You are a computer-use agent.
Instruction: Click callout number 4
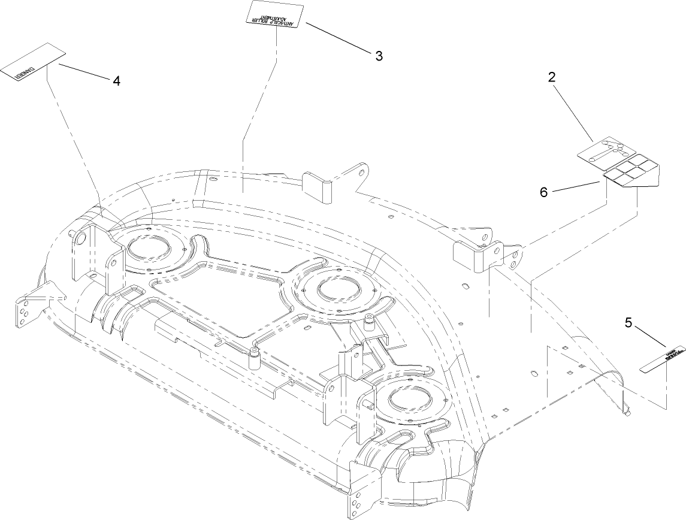tap(116, 81)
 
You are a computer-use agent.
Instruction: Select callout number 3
tap(379, 56)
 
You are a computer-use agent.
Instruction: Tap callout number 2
tap(552, 77)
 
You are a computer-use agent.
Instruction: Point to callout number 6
tap(543, 192)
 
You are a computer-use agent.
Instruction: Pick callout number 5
tap(628, 323)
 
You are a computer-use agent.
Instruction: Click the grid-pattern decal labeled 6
tap(631, 174)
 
